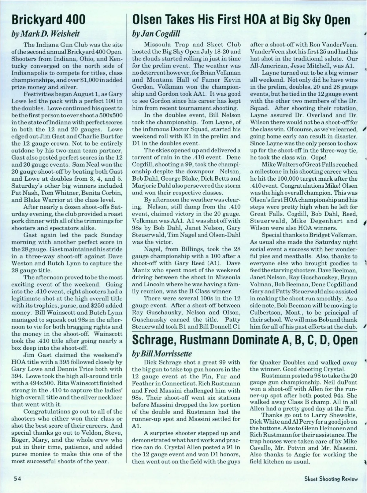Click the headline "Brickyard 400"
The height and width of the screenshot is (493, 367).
click(x=48, y=20)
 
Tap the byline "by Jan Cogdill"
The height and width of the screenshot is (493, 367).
click(x=156, y=33)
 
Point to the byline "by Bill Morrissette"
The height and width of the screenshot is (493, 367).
click(x=162, y=354)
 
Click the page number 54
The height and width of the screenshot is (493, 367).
click(x=17, y=479)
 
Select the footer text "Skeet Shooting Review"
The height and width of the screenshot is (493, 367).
click(x=331, y=479)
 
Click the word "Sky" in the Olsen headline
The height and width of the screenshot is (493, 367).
click(x=306, y=20)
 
